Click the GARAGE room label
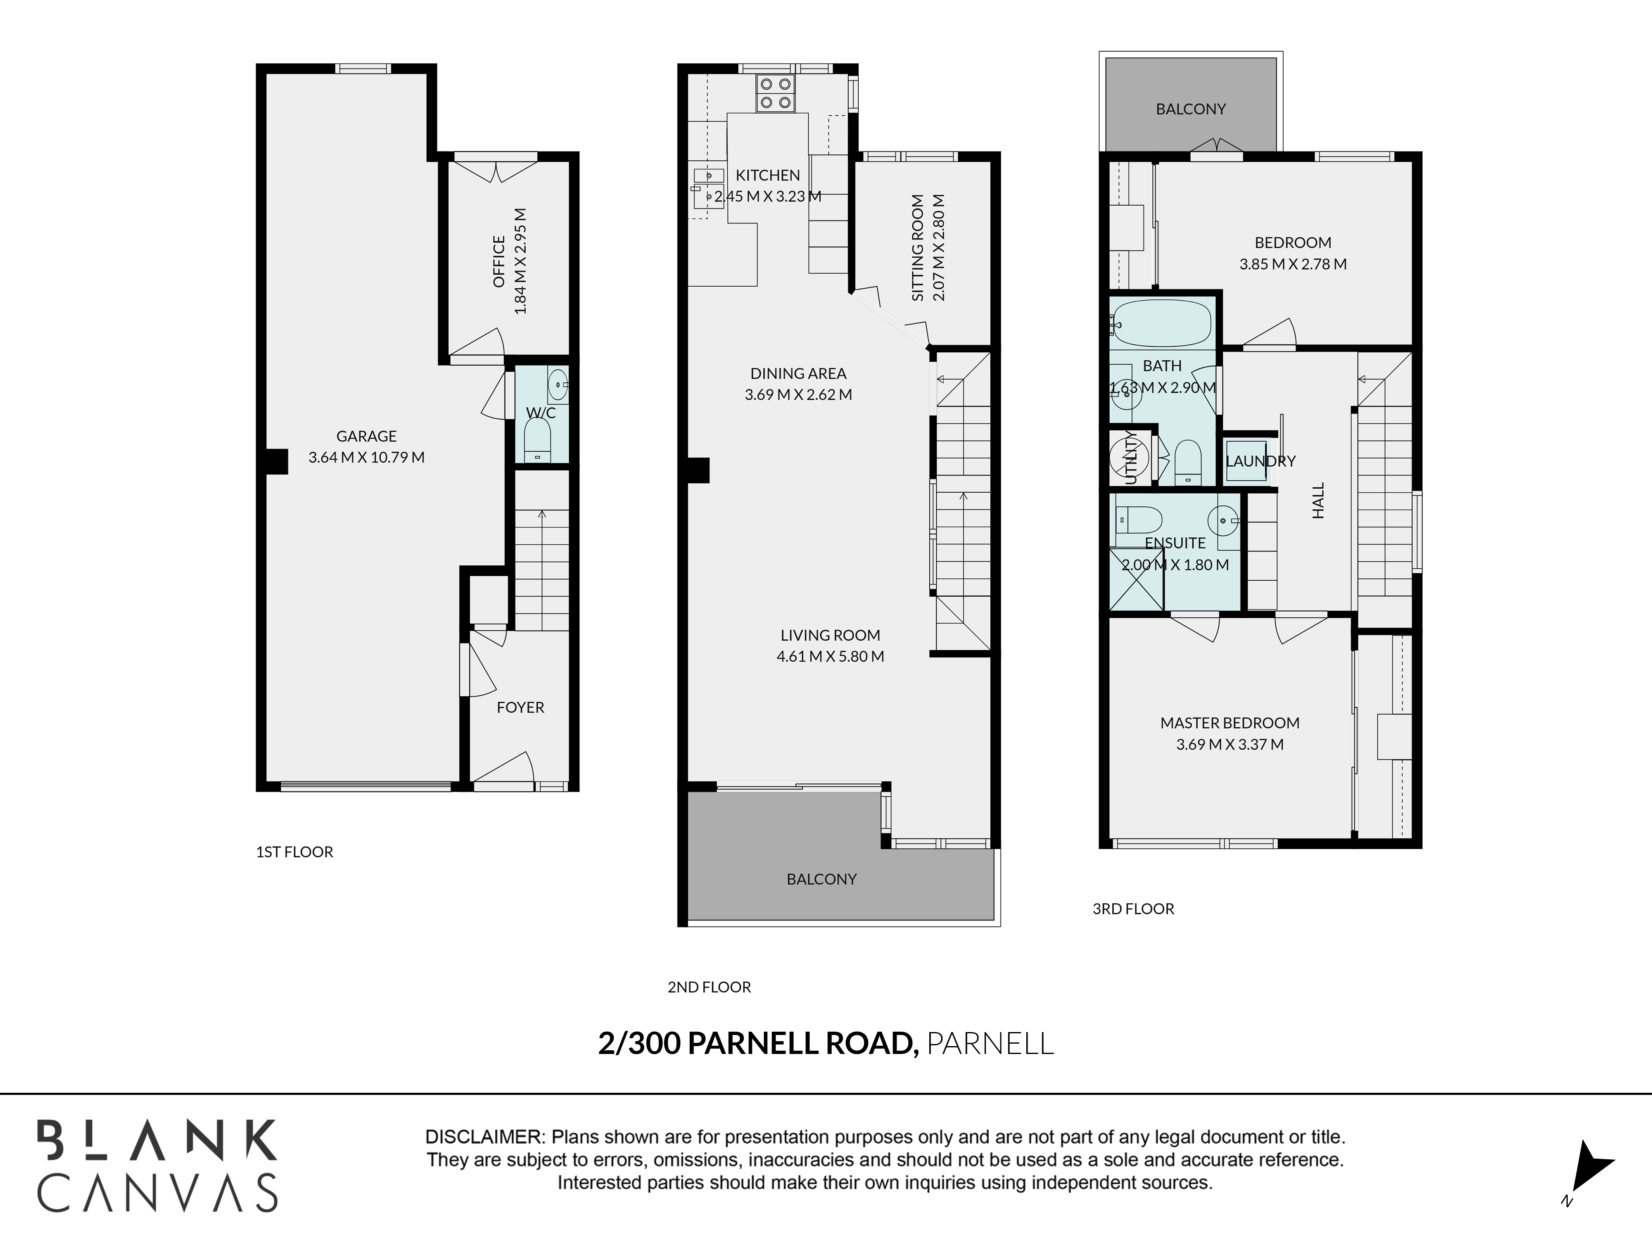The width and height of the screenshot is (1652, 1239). coord(366,436)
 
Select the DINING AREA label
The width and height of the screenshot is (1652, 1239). coord(798,373)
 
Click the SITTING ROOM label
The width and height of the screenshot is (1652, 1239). coord(918,248)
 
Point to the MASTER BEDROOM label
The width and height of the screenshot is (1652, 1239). coord(1229,723)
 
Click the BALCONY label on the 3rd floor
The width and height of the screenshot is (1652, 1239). coord(1190,109)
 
